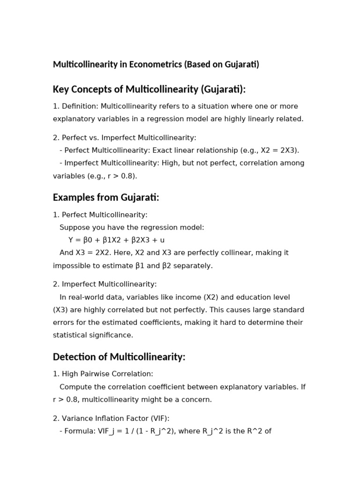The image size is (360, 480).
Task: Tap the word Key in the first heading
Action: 61,89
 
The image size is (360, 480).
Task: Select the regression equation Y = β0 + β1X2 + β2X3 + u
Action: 116,240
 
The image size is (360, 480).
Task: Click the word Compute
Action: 75,387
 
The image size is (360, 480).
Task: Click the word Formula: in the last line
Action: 80,431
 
